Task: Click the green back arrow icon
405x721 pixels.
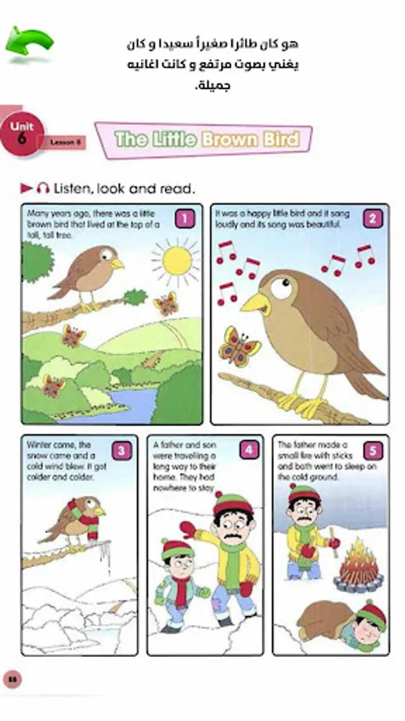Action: tap(29, 42)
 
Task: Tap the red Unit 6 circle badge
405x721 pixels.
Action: tap(22, 133)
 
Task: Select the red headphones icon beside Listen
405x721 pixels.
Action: tap(42, 188)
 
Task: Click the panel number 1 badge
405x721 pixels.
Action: tap(185, 219)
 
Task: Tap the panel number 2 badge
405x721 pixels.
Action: tap(372, 219)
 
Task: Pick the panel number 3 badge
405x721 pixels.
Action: tap(122, 450)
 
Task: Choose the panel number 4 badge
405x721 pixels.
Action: tap(248, 450)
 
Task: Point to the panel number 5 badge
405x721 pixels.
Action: tap(373, 450)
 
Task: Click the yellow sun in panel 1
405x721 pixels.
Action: tap(177, 260)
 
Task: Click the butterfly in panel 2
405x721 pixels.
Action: tap(239, 347)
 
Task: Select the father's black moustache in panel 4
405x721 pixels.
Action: tap(235, 537)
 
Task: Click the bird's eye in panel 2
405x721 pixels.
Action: tap(282, 288)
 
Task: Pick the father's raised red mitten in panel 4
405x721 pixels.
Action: tap(188, 530)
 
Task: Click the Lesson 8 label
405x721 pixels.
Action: tap(66, 143)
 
